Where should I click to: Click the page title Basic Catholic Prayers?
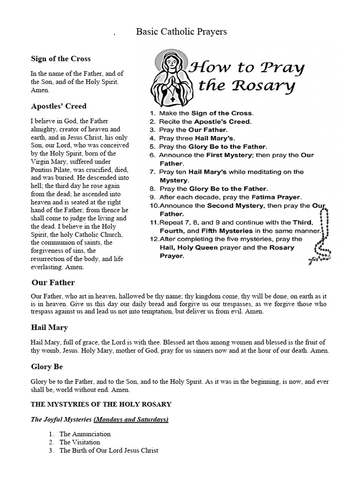click(x=181, y=32)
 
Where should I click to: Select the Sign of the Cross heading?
click(x=61, y=59)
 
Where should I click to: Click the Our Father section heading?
click(x=53, y=282)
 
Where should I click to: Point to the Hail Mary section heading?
click(x=49, y=327)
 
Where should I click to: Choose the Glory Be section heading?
click(x=47, y=366)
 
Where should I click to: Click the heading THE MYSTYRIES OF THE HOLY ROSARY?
click(x=101, y=404)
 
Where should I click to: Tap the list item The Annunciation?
click(x=85, y=434)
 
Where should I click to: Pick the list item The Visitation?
click(x=80, y=442)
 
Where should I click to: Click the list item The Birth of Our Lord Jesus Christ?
click(x=109, y=450)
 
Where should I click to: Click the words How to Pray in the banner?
click(x=246, y=68)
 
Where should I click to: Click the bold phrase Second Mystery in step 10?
click(x=236, y=205)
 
